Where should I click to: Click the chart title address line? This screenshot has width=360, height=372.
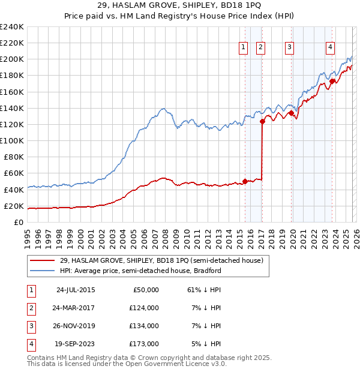[179, 6]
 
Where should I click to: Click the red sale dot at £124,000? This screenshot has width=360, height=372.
[262, 121]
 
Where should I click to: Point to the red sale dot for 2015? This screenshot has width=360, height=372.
[245, 181]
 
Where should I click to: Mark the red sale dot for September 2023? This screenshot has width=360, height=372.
[332, 81]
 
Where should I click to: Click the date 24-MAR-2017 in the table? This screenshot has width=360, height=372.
[75, 307]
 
